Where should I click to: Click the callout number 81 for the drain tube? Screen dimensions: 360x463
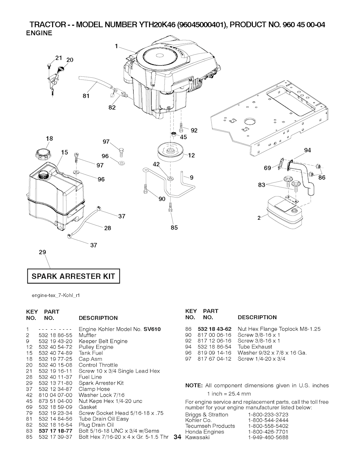coord(86,96)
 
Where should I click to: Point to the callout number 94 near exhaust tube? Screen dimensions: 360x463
coord(307,150)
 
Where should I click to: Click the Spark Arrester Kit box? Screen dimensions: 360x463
coord(73,276)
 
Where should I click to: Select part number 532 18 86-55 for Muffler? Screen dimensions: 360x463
coord(56,335)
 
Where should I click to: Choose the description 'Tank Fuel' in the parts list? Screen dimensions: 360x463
coord(91,353)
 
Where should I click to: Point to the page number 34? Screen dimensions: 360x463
coord(177,437)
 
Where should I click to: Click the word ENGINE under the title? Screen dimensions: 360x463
coord(39,33)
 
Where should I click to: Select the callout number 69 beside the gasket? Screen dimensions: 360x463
coord(268,168)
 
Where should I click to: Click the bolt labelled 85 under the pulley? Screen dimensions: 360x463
coord(170,207)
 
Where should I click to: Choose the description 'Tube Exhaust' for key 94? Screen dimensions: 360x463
coord(255,347)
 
